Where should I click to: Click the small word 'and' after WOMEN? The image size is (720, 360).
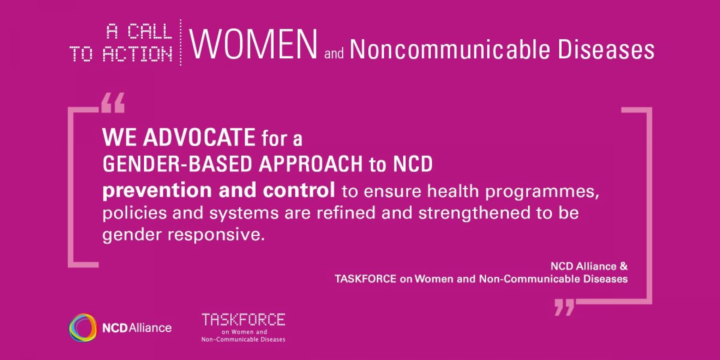[x=334, y=54]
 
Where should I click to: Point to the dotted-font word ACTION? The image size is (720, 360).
[x=137, y=54]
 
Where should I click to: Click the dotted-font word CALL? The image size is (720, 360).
[x=150, y=32]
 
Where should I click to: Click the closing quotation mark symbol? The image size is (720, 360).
[x=564, y=307]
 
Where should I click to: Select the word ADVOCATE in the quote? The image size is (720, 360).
[x=199, y=137]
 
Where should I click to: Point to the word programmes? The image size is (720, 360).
[x=542, y=192]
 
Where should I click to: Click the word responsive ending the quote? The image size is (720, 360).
[x=216, y=234]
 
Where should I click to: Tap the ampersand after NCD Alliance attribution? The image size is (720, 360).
[x=624, y=266]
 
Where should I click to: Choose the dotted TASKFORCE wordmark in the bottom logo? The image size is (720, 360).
[x=243, y=320]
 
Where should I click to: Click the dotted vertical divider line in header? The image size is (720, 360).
[x=180, y=42]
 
